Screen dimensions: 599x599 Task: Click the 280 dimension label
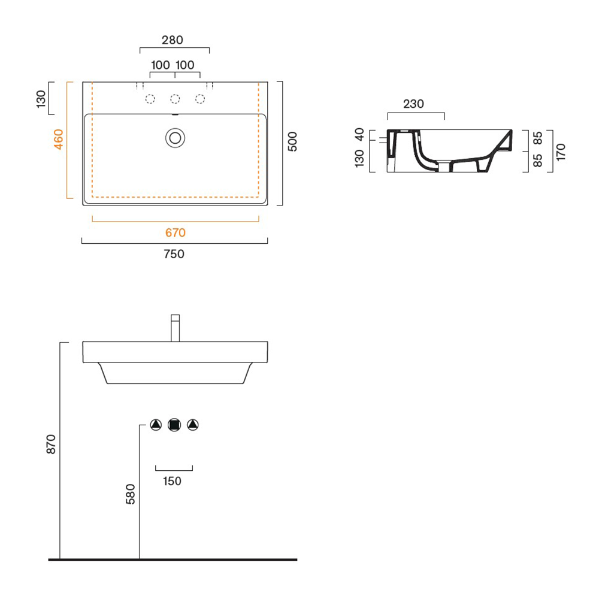click(x=173, y=40)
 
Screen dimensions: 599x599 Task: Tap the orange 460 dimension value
click(x=59, y=140)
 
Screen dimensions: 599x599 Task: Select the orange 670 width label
click(x=176, y=232)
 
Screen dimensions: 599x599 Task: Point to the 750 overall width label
click(x=174, y=253)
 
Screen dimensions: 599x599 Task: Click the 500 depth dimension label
click(x=292, y=141)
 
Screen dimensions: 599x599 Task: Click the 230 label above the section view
click(x=414, y=104)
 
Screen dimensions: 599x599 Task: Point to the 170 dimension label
click(x=561, y=152)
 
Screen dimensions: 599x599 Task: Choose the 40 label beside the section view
click(x=359, y=134)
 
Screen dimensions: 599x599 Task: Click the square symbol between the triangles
click(x=174, y=425)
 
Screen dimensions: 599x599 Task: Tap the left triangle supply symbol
click(x=156, y=425)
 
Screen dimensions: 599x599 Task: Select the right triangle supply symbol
click(x=193, y=425)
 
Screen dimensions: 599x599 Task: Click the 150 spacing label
click(x=173, y=481)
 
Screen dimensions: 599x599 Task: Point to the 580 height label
click(x=131, y=494)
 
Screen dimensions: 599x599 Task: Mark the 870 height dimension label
click(x=51, y=444)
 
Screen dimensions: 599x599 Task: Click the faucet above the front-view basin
click(x=176, y=328)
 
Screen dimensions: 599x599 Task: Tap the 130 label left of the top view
click(x=41, y=99)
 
